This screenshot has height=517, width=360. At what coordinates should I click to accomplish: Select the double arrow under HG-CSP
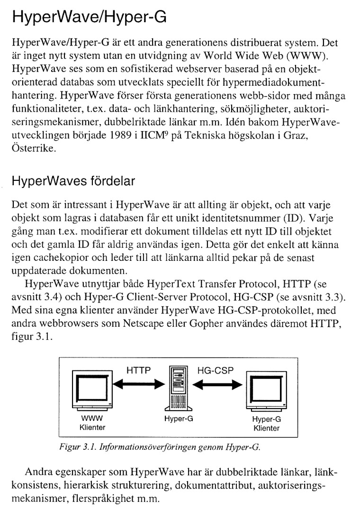coord(216,385)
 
